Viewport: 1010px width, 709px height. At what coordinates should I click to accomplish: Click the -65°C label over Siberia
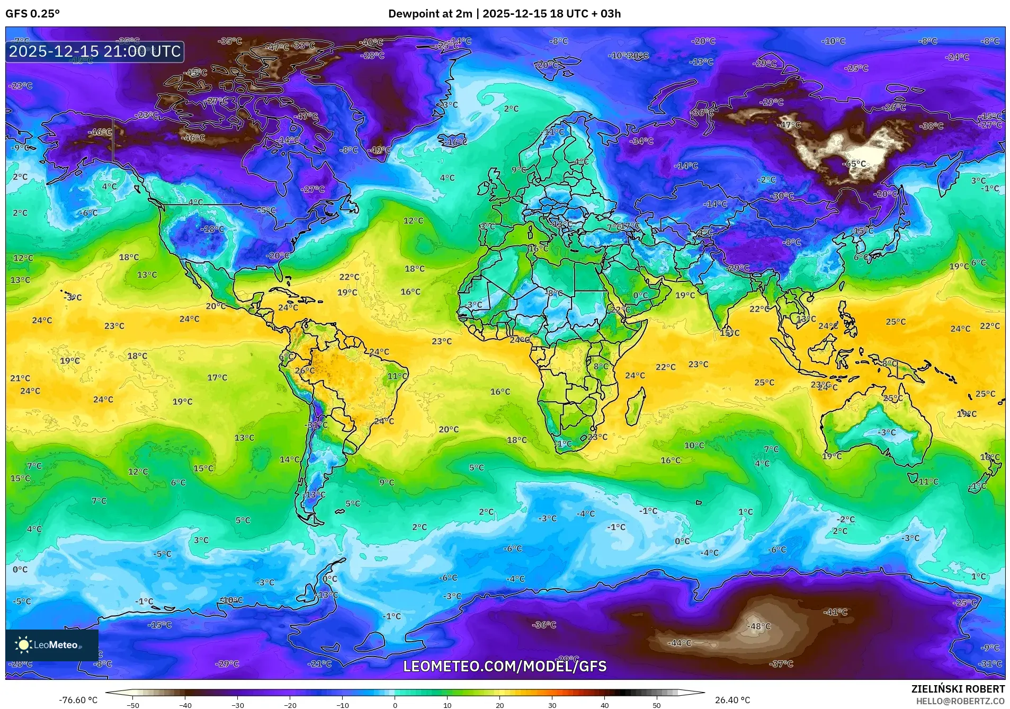[855, 164]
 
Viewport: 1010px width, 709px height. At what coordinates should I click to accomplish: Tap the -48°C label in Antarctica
[758, 626]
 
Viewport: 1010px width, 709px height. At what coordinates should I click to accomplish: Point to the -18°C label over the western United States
[213, 229]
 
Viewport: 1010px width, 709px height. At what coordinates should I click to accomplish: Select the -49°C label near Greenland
[379, 150]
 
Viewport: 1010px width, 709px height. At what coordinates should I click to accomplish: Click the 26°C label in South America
[304, 370]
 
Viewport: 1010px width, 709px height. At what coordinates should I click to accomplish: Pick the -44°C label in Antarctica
[680, 643]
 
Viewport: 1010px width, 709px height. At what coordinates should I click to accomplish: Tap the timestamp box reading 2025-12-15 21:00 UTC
[95, 51]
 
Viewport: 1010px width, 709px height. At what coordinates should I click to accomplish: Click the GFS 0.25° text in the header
[33, 14]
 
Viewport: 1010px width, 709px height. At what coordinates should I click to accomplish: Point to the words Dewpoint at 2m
[430, 14]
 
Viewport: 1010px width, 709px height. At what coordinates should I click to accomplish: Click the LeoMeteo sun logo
[23, 645]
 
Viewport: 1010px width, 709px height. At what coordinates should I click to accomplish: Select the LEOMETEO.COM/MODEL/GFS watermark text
[505, 666]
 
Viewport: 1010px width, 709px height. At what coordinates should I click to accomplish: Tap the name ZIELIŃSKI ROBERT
[958, 689]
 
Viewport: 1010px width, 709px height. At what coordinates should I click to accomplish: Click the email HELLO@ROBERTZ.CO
[960, 701]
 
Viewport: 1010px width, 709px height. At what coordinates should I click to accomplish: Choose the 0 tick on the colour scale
[395, 705]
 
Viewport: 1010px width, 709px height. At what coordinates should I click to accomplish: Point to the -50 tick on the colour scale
[133, 705]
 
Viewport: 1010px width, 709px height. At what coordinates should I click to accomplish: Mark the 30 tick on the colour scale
[552, 705]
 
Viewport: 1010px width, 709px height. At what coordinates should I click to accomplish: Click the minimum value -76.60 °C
[78, 700]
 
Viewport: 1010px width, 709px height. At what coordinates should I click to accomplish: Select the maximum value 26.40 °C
[732, 700]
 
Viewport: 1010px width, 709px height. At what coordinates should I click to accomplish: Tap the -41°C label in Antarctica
[835, 612]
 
